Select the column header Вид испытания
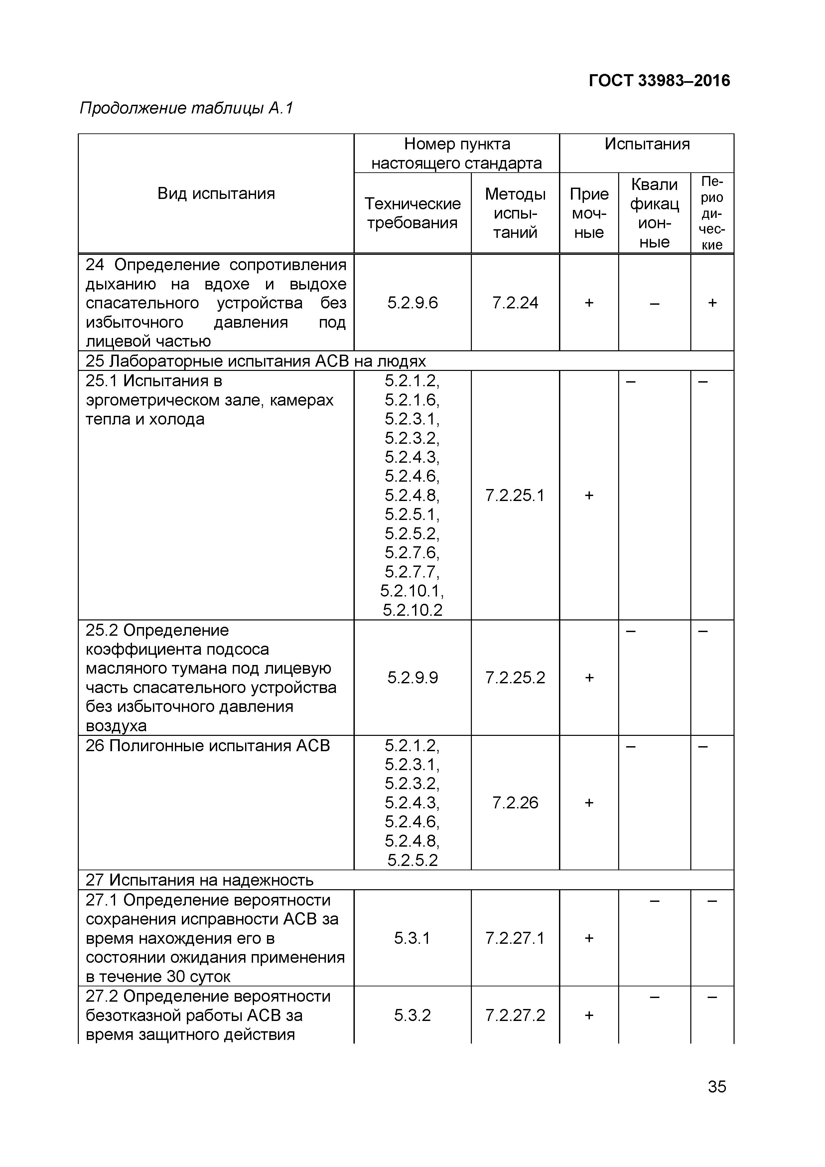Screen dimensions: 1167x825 216,193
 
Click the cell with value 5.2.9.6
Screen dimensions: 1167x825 412,303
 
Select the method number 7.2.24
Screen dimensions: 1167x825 515,303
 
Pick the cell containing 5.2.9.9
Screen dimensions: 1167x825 412,678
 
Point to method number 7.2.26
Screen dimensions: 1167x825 515,803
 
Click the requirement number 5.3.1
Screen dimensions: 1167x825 412,938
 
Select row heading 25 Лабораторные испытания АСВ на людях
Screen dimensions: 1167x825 255,361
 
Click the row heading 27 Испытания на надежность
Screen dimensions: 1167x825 199,880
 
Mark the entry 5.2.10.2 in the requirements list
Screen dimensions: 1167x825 412,610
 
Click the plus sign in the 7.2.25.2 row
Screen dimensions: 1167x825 589,678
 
